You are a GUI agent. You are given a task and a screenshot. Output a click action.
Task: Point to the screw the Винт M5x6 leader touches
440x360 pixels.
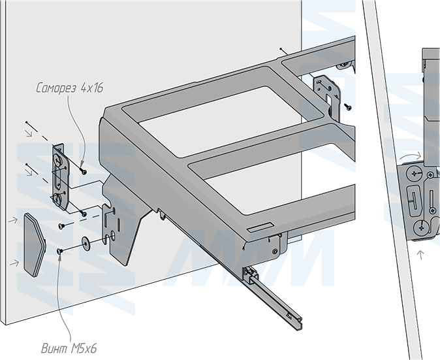coord(61,250)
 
